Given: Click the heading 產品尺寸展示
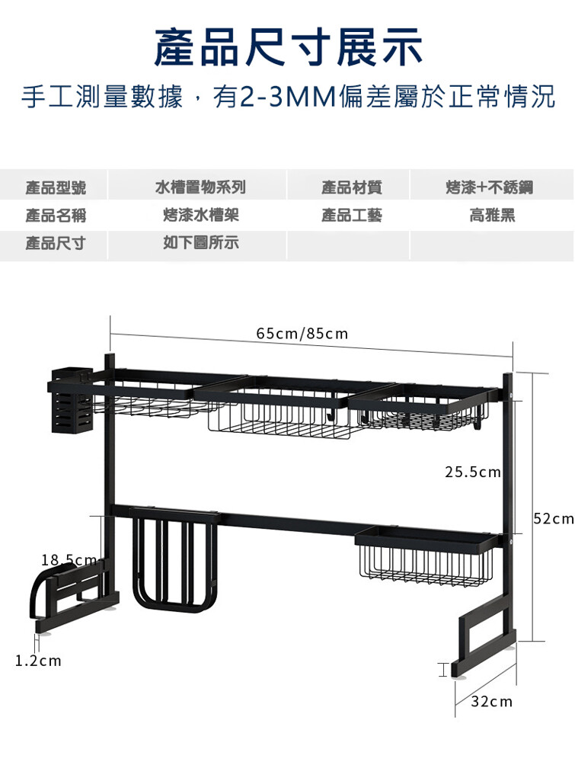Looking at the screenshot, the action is coord(288,46).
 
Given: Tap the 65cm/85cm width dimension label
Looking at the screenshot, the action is coord(302,334).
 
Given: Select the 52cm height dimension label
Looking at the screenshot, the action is coord(554,518).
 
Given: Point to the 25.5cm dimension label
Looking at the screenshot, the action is coord(472,472).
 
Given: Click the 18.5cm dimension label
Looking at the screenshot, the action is coord(69,560).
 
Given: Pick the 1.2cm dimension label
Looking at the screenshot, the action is coord(38,661).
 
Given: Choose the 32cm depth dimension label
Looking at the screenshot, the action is coord(491,702).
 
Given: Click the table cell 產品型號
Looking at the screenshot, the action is coord(56,187).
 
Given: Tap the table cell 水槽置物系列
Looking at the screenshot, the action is coord(200,187).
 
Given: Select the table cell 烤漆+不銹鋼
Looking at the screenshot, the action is coord(490,187).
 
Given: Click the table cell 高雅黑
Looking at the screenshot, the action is coord(492,215).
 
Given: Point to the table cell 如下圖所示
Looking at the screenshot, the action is coord(201,242).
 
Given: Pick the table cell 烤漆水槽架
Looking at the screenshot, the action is coord(201,215).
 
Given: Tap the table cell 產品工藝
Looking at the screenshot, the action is coord(352,215).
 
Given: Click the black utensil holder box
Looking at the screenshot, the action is coord(72,400).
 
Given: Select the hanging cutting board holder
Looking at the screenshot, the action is coord(174,559).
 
